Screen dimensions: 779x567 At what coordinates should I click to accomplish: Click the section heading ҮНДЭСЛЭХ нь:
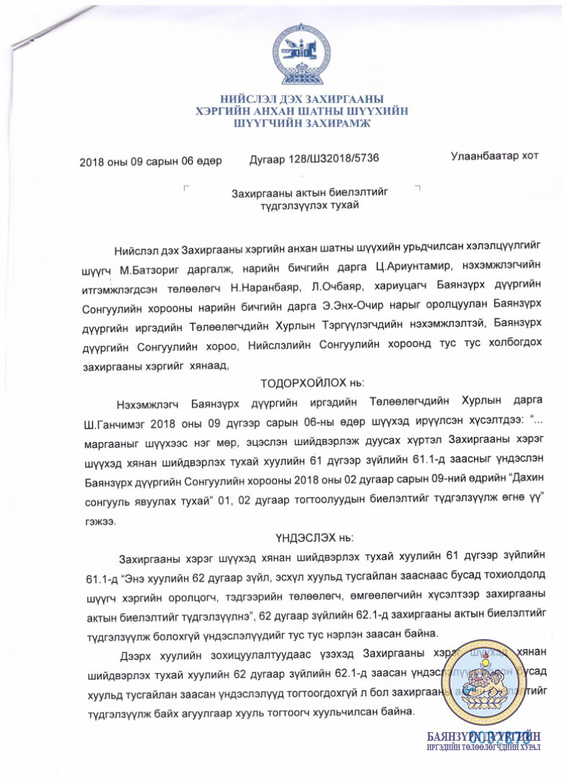point(302,537)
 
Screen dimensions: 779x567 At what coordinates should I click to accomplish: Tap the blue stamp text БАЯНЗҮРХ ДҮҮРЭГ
point(484,736)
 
